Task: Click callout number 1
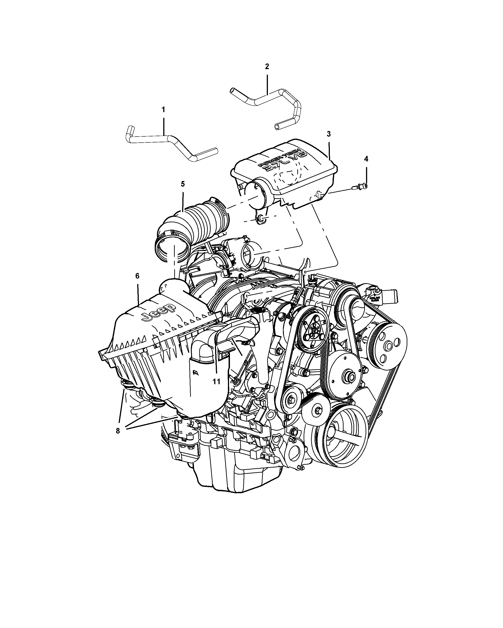[x=163, y=110]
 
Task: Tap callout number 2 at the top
[x=267, y=66]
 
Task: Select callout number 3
[x=329, y=134]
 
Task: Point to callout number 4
[x=366, y=159]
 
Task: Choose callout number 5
[x=183, y=184]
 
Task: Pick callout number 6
[x=138, y=276]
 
